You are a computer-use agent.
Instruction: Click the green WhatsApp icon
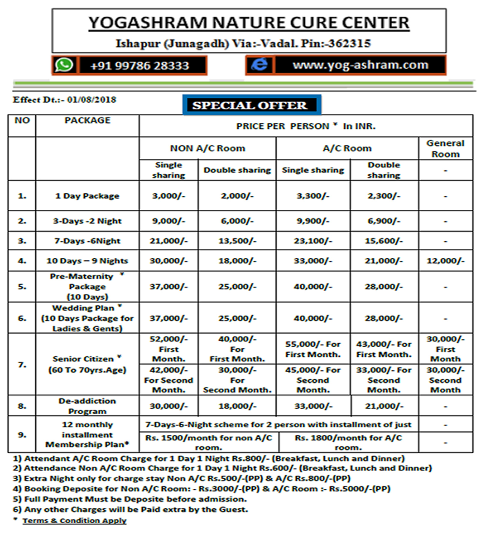pos(64,65)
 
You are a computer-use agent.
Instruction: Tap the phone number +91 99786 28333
pos(140,66)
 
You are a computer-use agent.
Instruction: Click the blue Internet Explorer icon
pos(259,65)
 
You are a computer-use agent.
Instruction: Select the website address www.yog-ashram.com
pos(360,65)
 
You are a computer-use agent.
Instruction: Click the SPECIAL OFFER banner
pos(251,105)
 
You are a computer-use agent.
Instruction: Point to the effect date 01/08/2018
pos(92,100)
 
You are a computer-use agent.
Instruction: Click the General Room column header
pos(445,148)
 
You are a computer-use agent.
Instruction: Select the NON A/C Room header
pos(208,148)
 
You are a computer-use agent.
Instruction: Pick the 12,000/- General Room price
pos(445,261)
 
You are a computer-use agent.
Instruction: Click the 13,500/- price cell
pos(237,241)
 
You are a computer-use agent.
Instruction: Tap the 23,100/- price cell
pos(313,241)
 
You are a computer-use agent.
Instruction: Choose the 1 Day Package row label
pos(87,196)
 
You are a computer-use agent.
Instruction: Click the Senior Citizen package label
pos(87,364)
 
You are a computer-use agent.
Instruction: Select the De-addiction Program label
pos(87,406)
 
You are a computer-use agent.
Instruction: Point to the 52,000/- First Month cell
pos(169,349)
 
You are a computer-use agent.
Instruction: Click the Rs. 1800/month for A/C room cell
pos(348,442)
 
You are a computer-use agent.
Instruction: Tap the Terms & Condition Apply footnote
pos(75,520)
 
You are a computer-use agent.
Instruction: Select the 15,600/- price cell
pos(384,241)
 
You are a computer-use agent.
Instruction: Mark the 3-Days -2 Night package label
pos(87,221)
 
